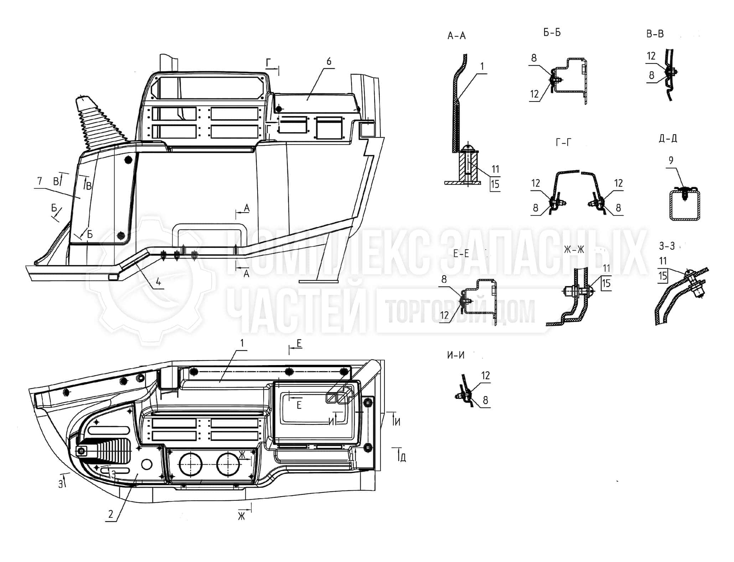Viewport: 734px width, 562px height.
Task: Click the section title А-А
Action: pos(456,36)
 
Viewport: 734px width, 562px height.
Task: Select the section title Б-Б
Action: pos(552,33)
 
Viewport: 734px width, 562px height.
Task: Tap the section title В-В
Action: pos(655,34)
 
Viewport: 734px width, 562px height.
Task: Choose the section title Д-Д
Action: pos(668,138)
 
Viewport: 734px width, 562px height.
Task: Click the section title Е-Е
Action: pos(461,254)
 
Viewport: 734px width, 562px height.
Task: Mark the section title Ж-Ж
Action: pos(574,249)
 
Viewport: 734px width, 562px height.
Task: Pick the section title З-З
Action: pos(667,246)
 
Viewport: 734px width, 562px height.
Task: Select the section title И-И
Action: pos(456,355)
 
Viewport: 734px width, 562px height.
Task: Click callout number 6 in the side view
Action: pos(329,61)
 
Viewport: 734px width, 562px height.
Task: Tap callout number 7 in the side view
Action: pos(40,181)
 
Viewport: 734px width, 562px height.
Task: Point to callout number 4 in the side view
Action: pos(158,282)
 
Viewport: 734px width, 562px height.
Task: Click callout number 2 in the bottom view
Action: pos(111,514)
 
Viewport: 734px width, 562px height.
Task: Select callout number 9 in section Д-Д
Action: pos(671,161)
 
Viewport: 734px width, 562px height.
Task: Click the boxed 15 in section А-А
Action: pos(495,184)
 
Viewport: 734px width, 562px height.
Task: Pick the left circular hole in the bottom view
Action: pos(190,464)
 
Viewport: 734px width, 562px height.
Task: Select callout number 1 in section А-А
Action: pos(482,67)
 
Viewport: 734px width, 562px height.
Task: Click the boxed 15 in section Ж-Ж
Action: pos(606,283)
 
